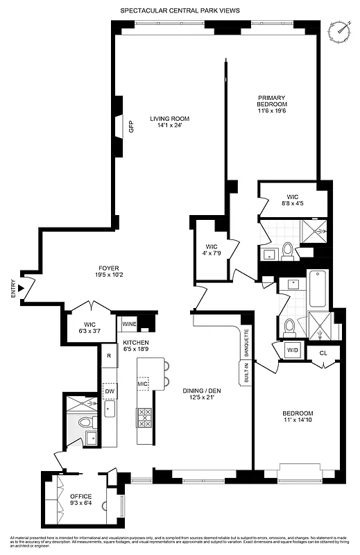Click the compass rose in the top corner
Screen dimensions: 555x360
pos(340,30)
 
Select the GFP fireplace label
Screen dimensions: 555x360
pos(130,127)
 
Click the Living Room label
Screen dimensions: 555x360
pos(169,119)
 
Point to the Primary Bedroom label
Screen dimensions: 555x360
pos(273,98)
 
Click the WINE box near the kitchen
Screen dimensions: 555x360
pos(129,323)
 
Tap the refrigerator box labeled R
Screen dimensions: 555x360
pos(109,356)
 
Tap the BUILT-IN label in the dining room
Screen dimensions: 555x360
pos(246,373)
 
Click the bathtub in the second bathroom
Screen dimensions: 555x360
pos(318,288)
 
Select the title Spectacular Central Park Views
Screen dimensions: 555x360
pos(180,10)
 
